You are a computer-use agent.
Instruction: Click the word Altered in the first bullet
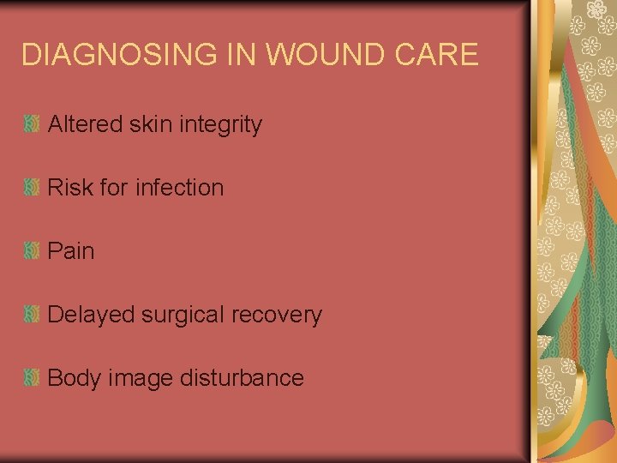click(86, 124)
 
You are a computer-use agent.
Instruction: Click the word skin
click(149, 124)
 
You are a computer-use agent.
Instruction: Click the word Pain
click(71, 251)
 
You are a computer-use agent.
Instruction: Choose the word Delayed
click(92, 315)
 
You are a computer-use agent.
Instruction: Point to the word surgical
click(183, 316)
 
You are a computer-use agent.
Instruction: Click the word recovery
click(277, 315)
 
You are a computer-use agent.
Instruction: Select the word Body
click(75, 378)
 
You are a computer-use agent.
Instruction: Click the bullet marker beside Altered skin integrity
click(32, 124)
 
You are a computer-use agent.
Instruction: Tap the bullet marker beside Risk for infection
click(32, 188)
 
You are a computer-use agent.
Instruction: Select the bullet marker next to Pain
click(32, 251)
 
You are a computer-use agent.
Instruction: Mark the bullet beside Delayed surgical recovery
click(32, 315)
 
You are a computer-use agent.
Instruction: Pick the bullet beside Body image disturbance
click(32, 378)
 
